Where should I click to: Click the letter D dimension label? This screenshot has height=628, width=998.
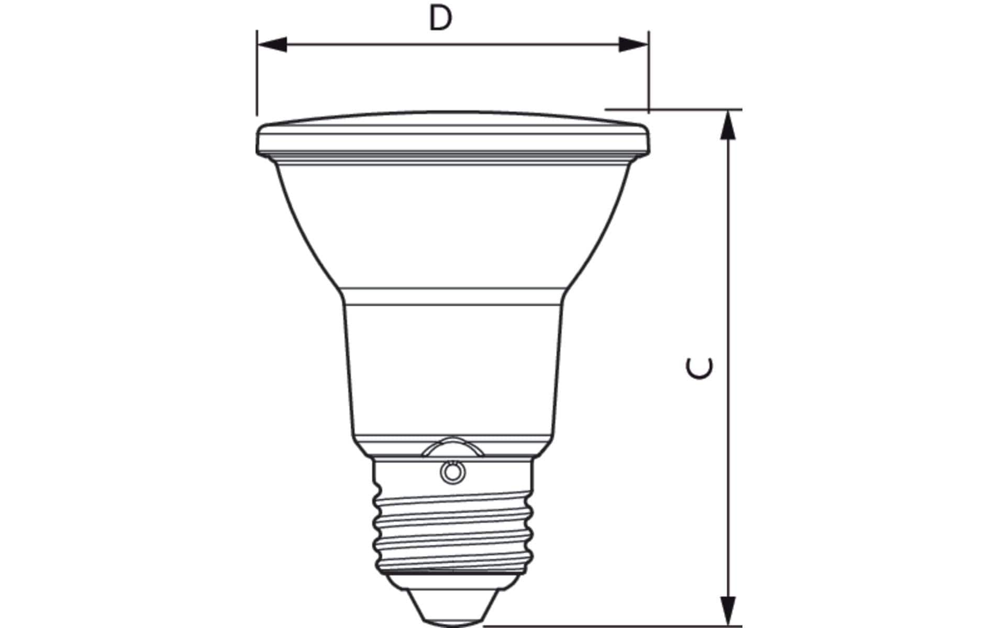click(x=440, y=19)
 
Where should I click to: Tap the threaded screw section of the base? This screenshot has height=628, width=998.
click(x=452, y=529)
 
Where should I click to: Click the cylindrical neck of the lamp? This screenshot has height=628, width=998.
click(x=452, y=366)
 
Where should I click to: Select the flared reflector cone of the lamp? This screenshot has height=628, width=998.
click(x=452, y=225)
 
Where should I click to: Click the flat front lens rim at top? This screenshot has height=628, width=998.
click(x=452, y=133)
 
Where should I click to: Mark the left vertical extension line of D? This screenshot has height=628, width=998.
click(x=257, y=73)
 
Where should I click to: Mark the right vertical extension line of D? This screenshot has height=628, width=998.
click(x=649, y=73)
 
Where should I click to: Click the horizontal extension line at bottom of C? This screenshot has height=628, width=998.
click(x=602, y=625)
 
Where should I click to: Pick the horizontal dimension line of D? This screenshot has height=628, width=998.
click(x=367, y=45)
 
